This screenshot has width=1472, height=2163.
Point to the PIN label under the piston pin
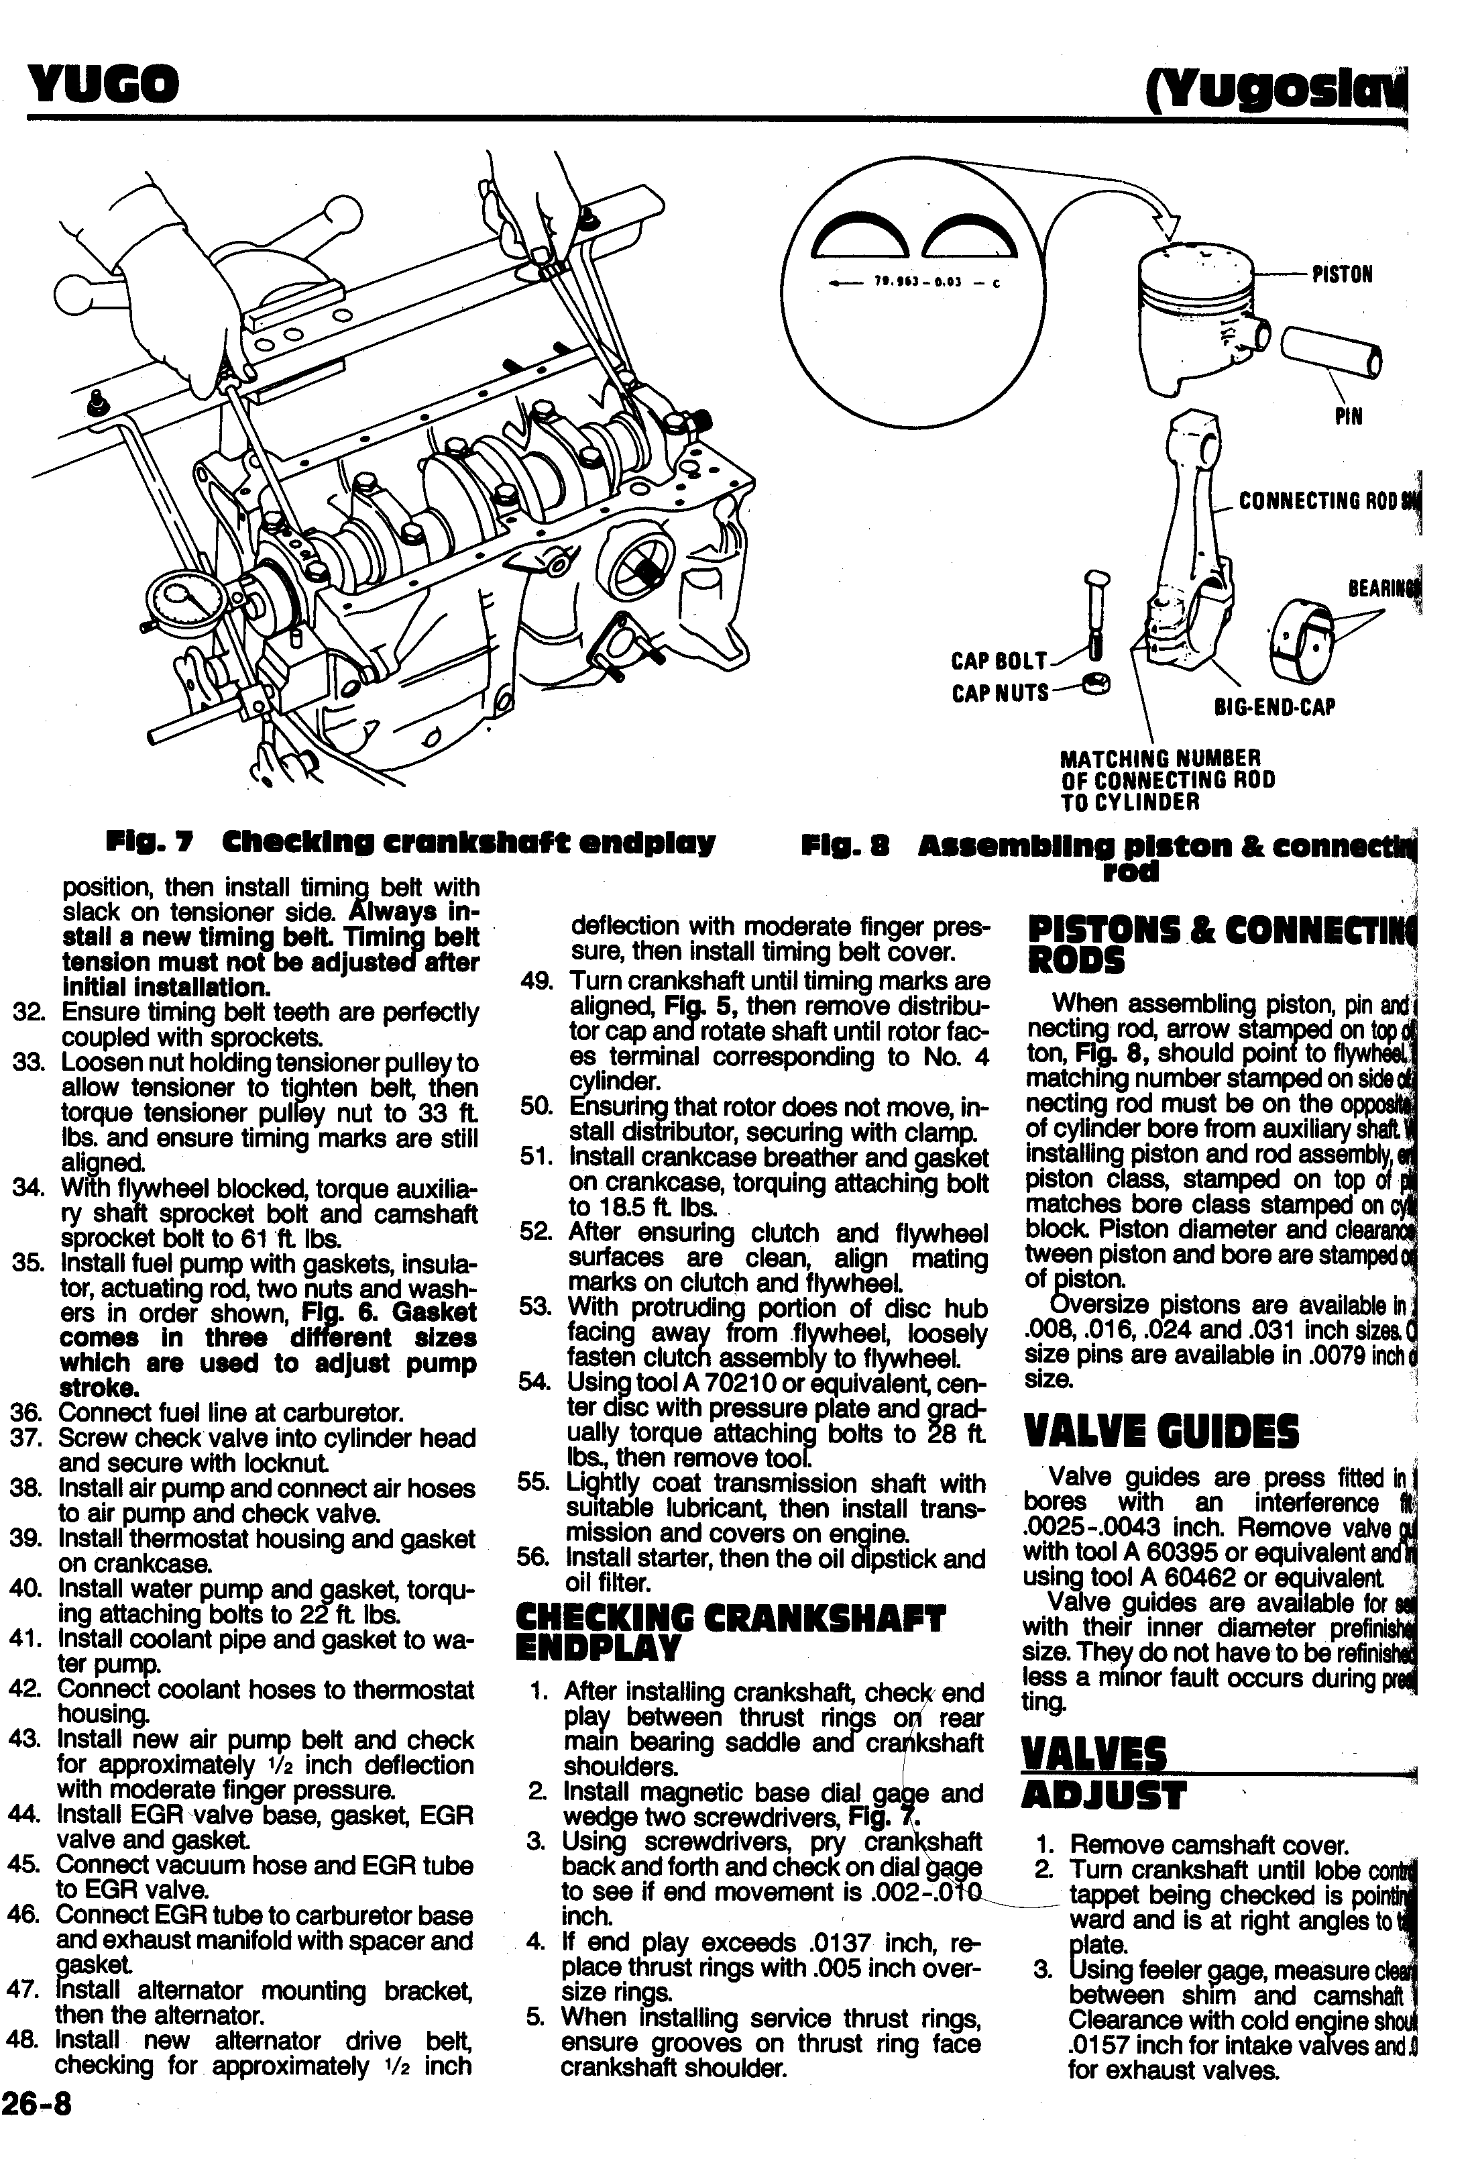click(x=1347, y=416)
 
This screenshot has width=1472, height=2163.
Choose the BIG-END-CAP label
click(x=1275, y=707)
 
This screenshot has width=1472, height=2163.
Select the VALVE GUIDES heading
click(x=1160, y=1432)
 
